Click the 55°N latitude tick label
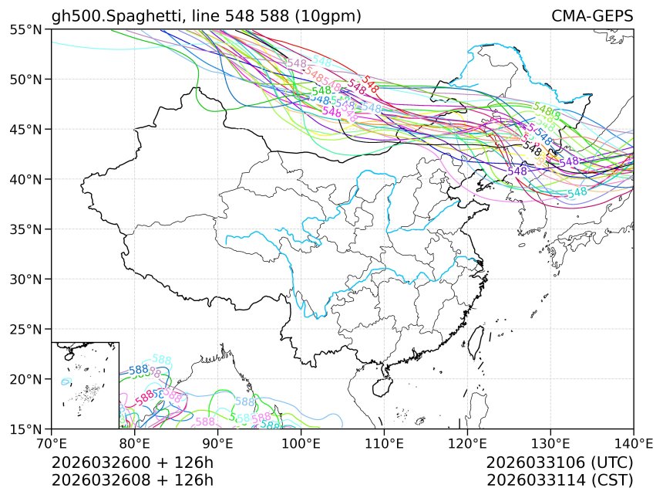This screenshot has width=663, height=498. [26, 29]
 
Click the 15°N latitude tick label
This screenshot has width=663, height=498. [26, 429]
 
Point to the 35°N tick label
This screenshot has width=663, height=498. [26, 229]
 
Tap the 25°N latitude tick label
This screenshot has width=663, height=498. [26, 329]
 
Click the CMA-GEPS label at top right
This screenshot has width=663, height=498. [592, 16]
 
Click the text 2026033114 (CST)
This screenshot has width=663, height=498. [560, 479]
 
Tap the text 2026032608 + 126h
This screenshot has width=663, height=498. [132, 479]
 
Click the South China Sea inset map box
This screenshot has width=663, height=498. [85, 385]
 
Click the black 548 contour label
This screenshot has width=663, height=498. [531, 145]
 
